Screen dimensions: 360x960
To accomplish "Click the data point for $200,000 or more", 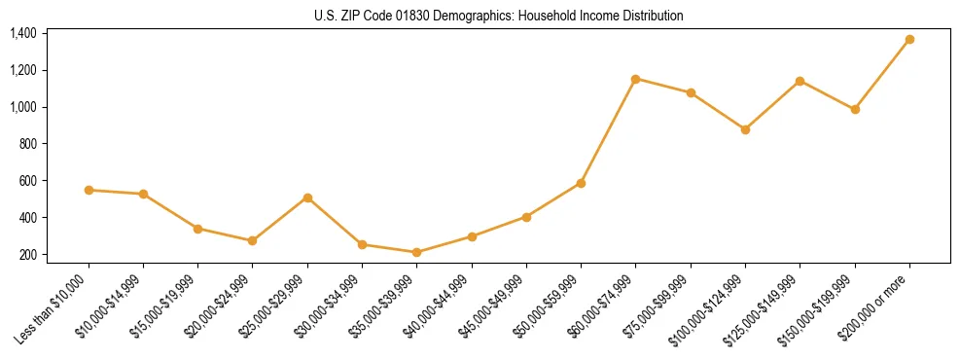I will [909, 40].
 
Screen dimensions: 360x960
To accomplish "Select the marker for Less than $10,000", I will [89, 190].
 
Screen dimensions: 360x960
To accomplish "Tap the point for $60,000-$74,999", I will [635, 79].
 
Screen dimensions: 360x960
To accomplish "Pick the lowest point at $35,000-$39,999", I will [416, 252].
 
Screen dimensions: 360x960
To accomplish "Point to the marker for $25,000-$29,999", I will [307, 198].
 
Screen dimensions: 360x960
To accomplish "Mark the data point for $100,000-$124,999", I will [745, 129].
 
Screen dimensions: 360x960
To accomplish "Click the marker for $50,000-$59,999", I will [581, 183].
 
